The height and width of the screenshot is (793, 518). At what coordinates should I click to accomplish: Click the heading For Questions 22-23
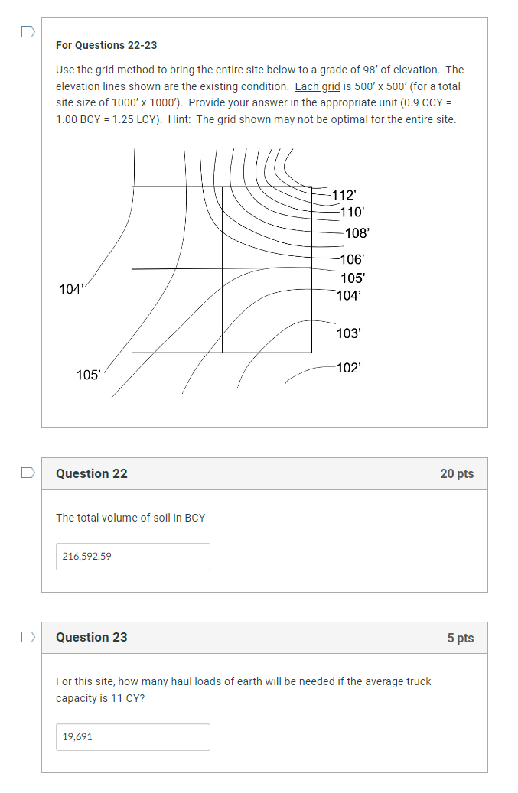[106, 46]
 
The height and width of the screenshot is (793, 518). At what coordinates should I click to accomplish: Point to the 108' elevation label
[357, 233]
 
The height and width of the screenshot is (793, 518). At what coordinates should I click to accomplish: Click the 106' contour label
[352, 260]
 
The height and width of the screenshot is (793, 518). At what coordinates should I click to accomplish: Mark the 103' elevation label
[348, 333]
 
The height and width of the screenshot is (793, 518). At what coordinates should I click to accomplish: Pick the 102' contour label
[348, 368]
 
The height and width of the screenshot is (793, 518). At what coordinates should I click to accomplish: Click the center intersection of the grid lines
[222, 269]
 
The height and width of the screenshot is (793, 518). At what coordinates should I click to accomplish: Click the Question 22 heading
[92, 474]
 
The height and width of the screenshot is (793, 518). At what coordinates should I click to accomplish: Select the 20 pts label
[457, 474]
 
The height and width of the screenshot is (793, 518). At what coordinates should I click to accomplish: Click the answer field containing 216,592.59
[132, 557]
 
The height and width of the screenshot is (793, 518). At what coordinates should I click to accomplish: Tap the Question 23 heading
[92, 638]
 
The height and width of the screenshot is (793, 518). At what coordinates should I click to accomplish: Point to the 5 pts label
[460, 638]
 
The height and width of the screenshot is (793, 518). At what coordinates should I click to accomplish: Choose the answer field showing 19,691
[132, 737]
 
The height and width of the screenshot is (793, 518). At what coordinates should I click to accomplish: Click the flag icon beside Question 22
[28, 473]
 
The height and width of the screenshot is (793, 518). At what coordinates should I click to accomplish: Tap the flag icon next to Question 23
[28, 636]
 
